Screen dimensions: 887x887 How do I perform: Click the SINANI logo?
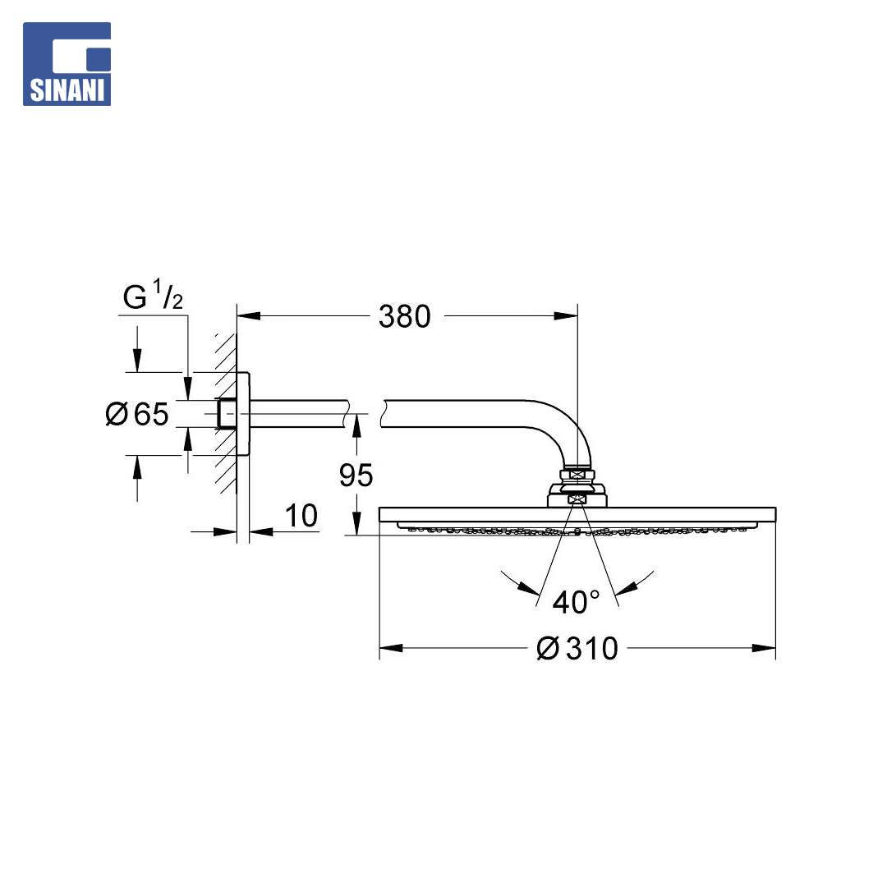[67, 64]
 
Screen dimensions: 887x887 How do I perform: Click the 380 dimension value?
[404, 316]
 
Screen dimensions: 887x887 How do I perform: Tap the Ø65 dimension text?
[137, 413]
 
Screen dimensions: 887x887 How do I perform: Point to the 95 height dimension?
[356, 476]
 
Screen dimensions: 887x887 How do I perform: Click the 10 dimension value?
[301, 516]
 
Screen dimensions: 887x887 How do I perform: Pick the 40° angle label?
[576, 602]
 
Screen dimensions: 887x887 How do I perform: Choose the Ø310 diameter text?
[577, 648]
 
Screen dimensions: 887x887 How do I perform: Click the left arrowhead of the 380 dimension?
[249, 316]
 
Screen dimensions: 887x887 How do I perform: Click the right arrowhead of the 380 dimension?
[566, 316]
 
